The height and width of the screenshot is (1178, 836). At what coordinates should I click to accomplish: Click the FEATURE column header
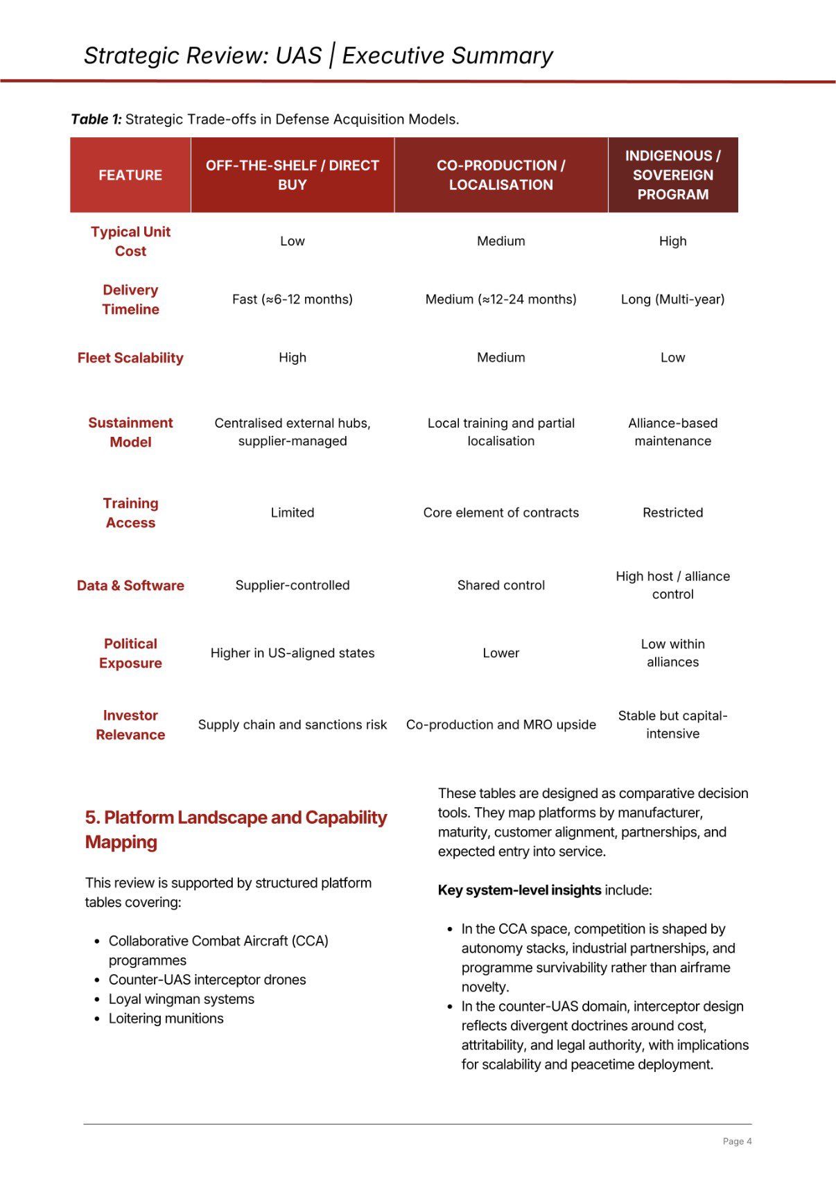(130, 175)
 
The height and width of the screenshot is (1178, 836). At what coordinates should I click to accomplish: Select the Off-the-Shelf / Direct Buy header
(292, 175)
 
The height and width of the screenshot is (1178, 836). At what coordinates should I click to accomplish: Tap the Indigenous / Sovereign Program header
(672, 175)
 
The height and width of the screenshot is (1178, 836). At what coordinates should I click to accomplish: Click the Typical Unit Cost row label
(130, 241)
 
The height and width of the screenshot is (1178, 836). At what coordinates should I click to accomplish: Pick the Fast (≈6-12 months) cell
(292, 299)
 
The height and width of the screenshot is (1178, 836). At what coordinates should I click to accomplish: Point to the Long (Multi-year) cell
(672, 299)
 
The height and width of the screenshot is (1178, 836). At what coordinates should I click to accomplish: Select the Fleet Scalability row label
(130, 358)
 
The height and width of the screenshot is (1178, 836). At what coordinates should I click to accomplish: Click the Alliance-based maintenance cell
(672, 432)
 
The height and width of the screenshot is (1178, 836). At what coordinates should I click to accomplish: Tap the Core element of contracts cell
(500, 512)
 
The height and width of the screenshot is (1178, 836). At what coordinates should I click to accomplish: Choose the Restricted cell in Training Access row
(672, 512)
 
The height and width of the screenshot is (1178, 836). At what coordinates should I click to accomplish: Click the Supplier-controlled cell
(292, 585)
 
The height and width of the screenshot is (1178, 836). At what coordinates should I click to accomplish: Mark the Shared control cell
(500, 585)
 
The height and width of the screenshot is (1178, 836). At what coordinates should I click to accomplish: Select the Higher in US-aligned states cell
(292, 653)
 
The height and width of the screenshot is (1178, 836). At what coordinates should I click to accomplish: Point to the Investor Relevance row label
(130, 725)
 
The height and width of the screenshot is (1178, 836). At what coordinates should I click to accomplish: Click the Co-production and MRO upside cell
(500, 725)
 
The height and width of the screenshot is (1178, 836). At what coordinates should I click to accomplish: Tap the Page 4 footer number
(737, 1141)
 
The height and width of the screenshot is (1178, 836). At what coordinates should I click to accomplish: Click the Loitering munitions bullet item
(166, 1019)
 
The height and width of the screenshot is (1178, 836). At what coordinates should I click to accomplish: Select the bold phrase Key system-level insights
(519, 890)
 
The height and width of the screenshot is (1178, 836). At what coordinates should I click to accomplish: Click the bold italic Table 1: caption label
(96, 119)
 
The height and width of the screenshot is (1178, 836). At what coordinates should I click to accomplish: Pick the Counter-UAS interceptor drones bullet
(207, 980)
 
